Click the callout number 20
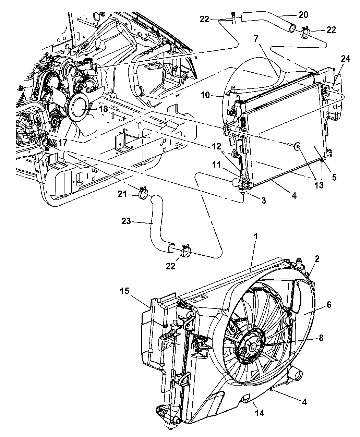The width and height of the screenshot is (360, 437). pos(303,15)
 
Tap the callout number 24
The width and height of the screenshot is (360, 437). pos(345,59)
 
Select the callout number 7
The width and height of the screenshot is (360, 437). pos(256,39)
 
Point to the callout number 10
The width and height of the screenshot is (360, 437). pos(205,95)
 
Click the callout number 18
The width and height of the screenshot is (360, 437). pos(103,109)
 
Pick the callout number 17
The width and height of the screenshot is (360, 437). pos(63,143)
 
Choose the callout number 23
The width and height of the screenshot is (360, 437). pos(126,221)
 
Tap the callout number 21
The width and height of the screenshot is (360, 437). pos(122,194)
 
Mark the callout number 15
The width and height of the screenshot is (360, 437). pos(124,291)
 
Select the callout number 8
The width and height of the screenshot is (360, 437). pos(321,338)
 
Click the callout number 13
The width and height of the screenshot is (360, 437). pos(319,185)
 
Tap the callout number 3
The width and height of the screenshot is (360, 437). pos(263,200)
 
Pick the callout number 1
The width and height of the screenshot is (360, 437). pos(256,237)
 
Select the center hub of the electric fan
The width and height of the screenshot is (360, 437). pos(252,347)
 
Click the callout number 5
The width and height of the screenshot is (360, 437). pos(334,178)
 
